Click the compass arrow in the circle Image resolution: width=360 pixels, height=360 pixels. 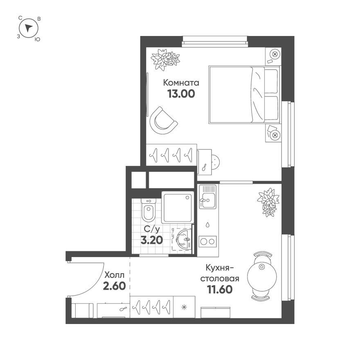click(29, 28)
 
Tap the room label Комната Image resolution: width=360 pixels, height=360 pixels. click(181, 83)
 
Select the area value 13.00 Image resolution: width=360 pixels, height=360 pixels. click(181, 94)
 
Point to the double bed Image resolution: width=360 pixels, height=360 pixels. click(244, 95)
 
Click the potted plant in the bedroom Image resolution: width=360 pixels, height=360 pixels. click(165, 59)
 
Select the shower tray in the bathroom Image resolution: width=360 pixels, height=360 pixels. click(177, 207)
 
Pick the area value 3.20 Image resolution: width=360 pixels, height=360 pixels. click(151, 240)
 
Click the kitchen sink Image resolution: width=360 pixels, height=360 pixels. click(208, 197)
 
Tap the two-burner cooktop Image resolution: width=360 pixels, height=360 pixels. click(207, 241)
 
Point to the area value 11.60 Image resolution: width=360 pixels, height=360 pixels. click(220, 289)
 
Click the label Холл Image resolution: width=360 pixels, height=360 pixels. click(114, 275)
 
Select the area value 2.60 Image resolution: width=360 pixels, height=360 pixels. click(114, 286)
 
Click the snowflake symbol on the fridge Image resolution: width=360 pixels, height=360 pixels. click(184, 307)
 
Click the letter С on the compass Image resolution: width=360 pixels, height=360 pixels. click(20, 18)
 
